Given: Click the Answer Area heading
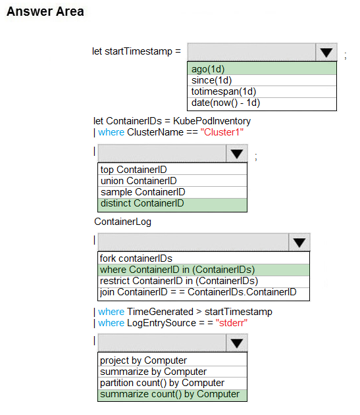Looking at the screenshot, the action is click(x=45, y=12).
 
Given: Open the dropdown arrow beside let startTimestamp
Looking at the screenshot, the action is click(x=326, y=52).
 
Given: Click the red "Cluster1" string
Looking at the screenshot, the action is click(x=222, y=132).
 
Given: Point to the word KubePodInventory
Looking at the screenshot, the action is click(x=212, y=121).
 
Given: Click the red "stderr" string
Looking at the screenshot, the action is click(x=232, y=323).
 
